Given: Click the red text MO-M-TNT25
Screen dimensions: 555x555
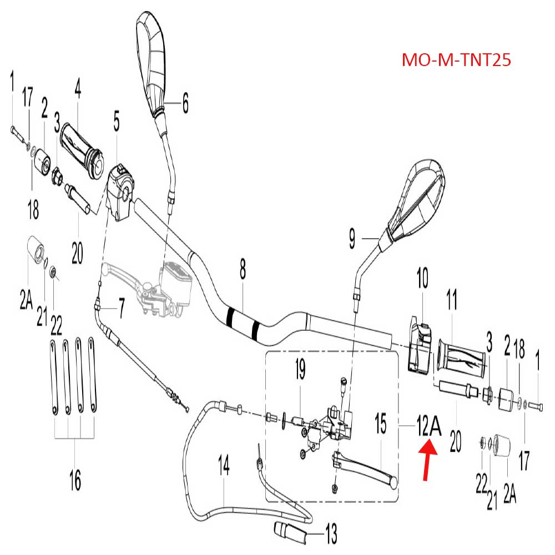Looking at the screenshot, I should tap(456, 59).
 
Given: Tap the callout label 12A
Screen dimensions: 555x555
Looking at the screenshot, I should tap(428, 427).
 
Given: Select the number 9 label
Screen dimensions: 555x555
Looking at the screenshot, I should tap(352, 239).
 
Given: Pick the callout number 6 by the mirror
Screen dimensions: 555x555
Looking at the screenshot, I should tap(185, 103).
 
